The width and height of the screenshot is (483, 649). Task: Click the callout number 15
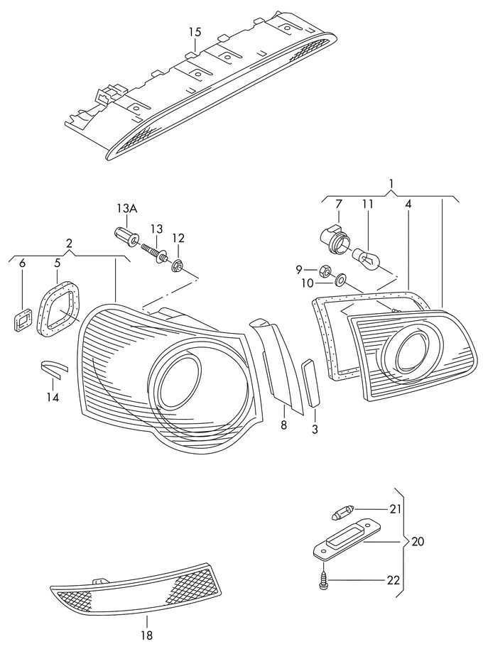pos(195,32)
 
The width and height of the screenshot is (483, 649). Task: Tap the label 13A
pos(127,208)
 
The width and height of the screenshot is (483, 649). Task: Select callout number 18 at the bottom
pos(147,636)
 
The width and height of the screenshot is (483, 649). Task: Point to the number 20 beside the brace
pos(418,541)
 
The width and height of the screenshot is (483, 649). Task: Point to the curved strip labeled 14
pos(52,367)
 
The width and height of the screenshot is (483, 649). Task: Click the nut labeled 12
pos(178,266)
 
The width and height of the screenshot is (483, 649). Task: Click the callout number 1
pos(391,187)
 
